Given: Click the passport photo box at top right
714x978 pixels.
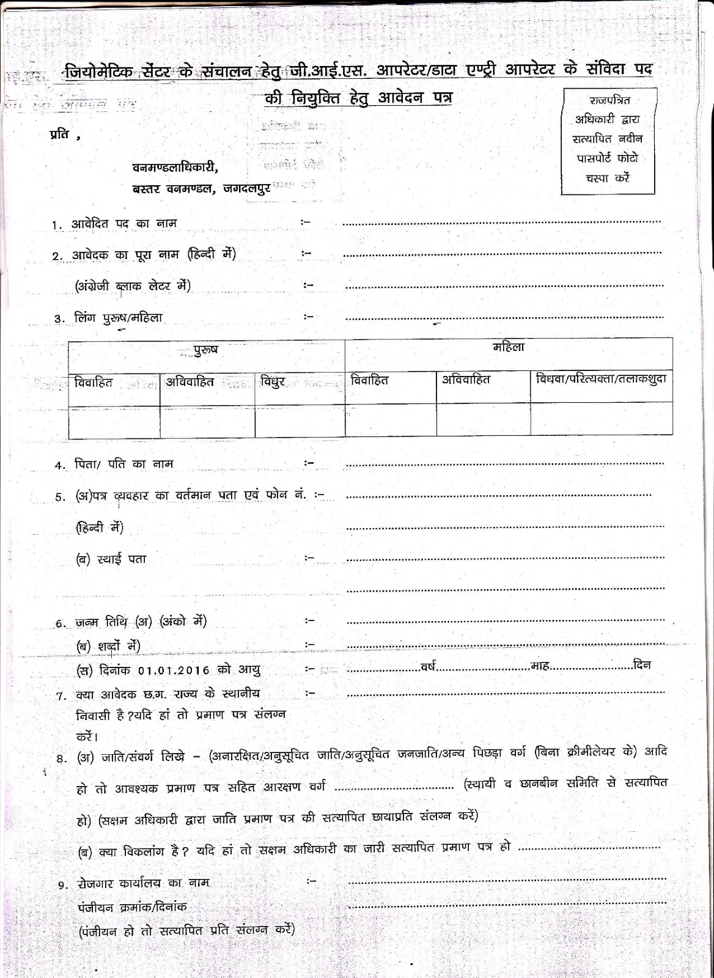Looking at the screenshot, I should [x=608, y=141].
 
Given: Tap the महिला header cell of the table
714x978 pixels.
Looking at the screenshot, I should [x=509, y=347].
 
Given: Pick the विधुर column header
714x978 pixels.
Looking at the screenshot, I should [x=273, y=383].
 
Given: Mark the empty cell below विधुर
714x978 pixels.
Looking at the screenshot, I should [x=300, y=421].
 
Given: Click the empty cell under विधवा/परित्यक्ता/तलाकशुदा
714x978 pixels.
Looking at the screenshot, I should [x=602, y=419].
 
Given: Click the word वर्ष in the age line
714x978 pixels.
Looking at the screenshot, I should [x=428, y=666].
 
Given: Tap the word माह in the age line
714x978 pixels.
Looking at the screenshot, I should [x=540, y=666].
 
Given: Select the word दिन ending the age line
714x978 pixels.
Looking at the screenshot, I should [x=642, y=664].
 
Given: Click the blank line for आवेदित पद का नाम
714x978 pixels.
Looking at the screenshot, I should [x=501, y=224].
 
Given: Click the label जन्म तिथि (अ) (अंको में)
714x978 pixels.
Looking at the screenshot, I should [x=141, y=622].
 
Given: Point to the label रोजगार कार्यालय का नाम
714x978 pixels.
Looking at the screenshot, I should [x=144, y=883].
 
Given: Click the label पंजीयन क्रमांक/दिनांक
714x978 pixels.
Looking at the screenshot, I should [x=132, y=906].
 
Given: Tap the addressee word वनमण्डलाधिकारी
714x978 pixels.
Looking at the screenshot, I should [x=175, y=167].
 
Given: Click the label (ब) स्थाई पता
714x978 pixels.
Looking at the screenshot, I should [x=111, y=559].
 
